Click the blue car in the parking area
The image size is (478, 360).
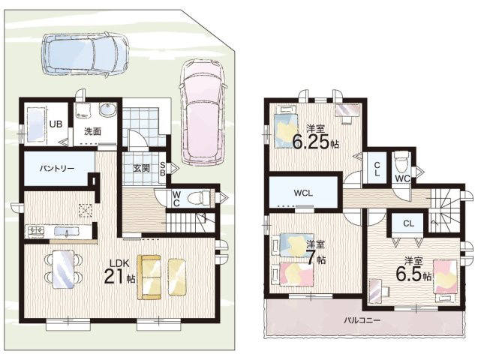click(x=85, y=53)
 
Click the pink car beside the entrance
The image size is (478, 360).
click(x=203, y=111)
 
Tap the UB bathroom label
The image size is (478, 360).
click(x=56, y=124)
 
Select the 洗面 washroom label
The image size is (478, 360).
click(x=93, y=131)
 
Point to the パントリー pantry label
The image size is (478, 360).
click(x=57, y=169)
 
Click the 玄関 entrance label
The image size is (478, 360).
click(x=141, y=168)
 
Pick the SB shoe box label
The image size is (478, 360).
click(x=163, y=169)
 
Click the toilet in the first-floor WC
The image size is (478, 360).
click(x=199, y=198)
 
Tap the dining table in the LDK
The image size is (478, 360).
click(x=63, y=269)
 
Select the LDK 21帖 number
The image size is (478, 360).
click(x=113, y=277)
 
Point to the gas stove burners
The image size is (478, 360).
click(x=36, y=232)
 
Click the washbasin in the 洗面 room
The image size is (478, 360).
click(x=107, y=109)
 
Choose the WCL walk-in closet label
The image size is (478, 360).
click(x=303, y=193)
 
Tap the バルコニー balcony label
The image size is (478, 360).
click(x=362, y=320)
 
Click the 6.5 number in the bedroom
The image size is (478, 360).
click(x=409, y=274)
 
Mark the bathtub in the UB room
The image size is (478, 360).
click(x=36, y=124)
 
